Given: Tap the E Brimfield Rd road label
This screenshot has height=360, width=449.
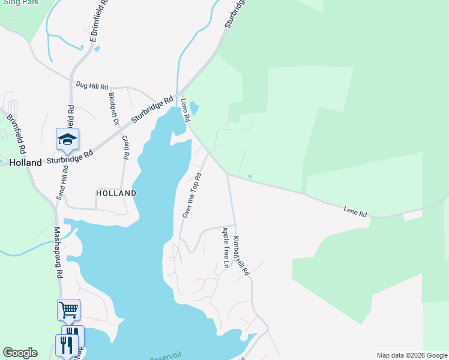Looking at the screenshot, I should (x=98, y=22).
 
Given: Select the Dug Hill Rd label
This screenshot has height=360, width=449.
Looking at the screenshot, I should (x=92, y=86).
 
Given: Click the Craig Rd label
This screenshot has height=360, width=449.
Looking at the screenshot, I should (x=125, y=147).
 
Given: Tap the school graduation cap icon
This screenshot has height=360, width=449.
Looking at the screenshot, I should (x=67, y=139).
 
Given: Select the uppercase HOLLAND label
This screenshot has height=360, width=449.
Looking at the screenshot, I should (x=116, y=193).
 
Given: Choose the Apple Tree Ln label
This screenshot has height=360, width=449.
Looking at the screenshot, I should (x=226, y=248).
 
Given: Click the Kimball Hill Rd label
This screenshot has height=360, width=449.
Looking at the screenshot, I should (x=241, y=256).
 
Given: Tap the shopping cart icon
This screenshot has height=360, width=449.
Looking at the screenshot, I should (x=68, y=310).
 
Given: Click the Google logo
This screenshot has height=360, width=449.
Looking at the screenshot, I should (x=20, y=353).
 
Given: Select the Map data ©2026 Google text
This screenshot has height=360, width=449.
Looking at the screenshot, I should (x=411, y=355).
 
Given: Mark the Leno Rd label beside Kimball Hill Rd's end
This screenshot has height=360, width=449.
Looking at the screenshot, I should (x=355, y=211).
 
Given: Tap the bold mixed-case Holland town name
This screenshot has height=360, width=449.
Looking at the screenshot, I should (x=26, y=163).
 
